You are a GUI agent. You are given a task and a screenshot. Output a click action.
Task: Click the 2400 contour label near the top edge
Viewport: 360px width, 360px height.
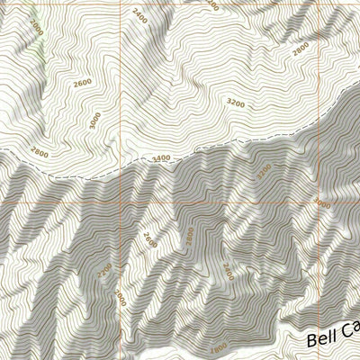[x=138, y=15]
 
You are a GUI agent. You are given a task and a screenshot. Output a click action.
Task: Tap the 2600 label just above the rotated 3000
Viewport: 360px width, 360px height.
[x=83, y=83]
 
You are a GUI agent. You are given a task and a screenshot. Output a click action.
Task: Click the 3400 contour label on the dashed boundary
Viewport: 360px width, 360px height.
[x=161, y=159]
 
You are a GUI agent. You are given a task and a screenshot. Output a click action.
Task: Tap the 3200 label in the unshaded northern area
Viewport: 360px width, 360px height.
[x=236, y=103]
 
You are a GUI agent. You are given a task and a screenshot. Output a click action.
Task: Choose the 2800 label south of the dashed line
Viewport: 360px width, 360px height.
[x=189, y=237]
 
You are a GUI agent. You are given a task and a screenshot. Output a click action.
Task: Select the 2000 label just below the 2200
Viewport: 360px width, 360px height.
[x=119, y=295]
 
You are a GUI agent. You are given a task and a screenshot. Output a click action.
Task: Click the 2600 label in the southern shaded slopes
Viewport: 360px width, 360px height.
[x=149, y=239]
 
